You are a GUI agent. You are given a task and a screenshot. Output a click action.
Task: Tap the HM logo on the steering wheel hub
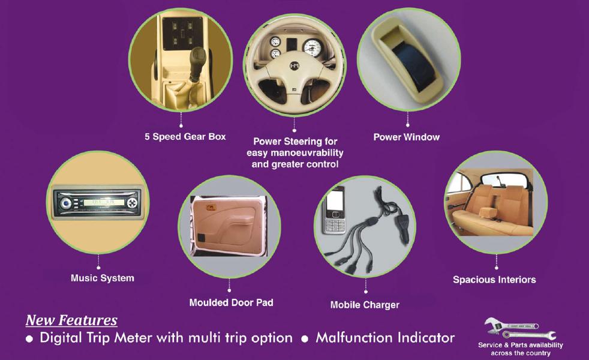[x=294, y=66]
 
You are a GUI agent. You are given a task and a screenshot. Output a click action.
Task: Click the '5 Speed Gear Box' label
[x=185, y=137]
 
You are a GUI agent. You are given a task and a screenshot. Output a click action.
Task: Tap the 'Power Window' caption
[x=407, y=137]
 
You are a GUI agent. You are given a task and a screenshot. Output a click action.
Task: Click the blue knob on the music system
[x=67, y=204]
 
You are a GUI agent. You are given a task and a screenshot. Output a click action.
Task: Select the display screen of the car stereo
[x=104, y=203]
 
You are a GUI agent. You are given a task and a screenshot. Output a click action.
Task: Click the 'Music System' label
[x=103, y=278]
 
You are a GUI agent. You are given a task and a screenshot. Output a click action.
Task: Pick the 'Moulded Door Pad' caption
[x=232, y=302]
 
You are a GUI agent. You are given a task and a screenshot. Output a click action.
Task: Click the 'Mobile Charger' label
[x=365, y=305]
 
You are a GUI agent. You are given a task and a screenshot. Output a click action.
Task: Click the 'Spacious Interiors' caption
[x=494, y=280]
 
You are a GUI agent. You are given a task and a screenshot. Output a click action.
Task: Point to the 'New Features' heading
[x=71, y=320]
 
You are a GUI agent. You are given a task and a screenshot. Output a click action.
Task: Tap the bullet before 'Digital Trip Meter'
[x=29, y=339]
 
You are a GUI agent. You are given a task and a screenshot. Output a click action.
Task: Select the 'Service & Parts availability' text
[x=520, y=344]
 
